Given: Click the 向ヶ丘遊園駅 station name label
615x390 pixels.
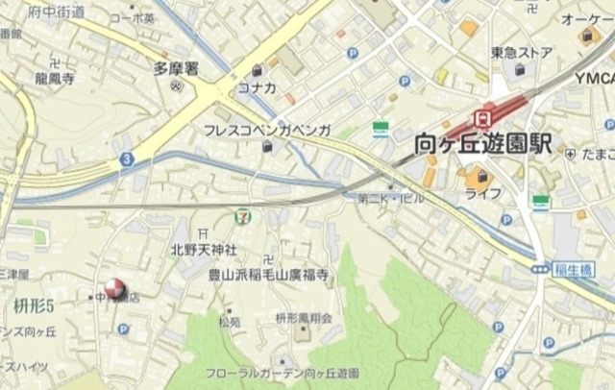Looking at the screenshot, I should tap(482, 145).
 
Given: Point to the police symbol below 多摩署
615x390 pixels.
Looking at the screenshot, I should tap(176, 85).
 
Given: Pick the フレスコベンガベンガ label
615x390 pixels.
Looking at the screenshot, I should tap(267, 129).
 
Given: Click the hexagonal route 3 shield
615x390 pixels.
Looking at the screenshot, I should tap(126, 158).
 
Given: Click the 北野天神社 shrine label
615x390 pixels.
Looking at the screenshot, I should tap(204, 249).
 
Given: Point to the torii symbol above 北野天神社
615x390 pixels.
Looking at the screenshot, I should tap(201, 232).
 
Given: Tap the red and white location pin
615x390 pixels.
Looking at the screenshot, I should tap(114, 286).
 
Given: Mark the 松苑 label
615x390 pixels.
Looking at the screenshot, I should tap(229, 322).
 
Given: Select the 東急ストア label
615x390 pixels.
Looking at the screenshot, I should tap(521, 53).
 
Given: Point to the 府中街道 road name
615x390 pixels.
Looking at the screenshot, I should tap(57, 12).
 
